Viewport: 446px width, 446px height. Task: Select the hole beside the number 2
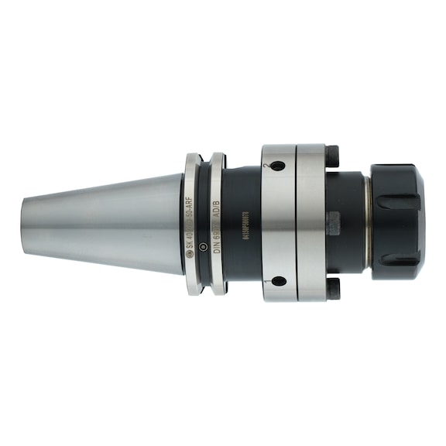(280, 166)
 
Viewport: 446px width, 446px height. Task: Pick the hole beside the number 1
(279, 280)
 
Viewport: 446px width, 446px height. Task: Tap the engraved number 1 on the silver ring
(267, 280)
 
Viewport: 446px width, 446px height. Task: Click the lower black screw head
(333, 289)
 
